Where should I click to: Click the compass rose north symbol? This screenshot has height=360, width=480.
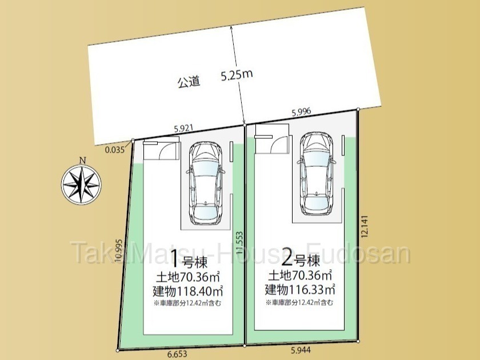pyautogui.click(x=81, y=185)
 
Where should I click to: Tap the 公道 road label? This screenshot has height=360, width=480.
pyautogui.click(x=189, y=82)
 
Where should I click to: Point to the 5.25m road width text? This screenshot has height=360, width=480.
pyautogui.click(x=237, y=75)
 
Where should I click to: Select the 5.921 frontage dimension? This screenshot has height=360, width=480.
pyautogui.click(x=183, y=128)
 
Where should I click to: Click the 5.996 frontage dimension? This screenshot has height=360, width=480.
pyautogui.click(x=301, y=112)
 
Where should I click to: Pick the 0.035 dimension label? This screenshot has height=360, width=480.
pyautogui.click(x=115, y=150)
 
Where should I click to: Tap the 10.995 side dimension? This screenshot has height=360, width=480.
pyautogui.click(x=119, y=250)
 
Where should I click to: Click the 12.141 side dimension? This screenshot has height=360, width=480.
pyautogui.click(x=365, y=227)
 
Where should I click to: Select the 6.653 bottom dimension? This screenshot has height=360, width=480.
pyautogui.click(x=177, y=354)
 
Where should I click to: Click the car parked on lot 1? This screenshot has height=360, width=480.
pyautogui.click(x=205, y=183)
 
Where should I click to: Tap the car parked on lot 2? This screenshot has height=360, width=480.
pyautogui.click(x=316, y=174)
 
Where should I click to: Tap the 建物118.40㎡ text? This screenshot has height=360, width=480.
pyautogui.click(x=187, y=291)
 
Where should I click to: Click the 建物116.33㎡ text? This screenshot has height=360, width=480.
pyautogui.click(x=300, y=289)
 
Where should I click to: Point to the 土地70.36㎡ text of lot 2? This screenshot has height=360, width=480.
pyautogui.click(x=300, y=276)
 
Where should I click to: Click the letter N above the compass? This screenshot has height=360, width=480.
pyautogui.click(x=82, y=160)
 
